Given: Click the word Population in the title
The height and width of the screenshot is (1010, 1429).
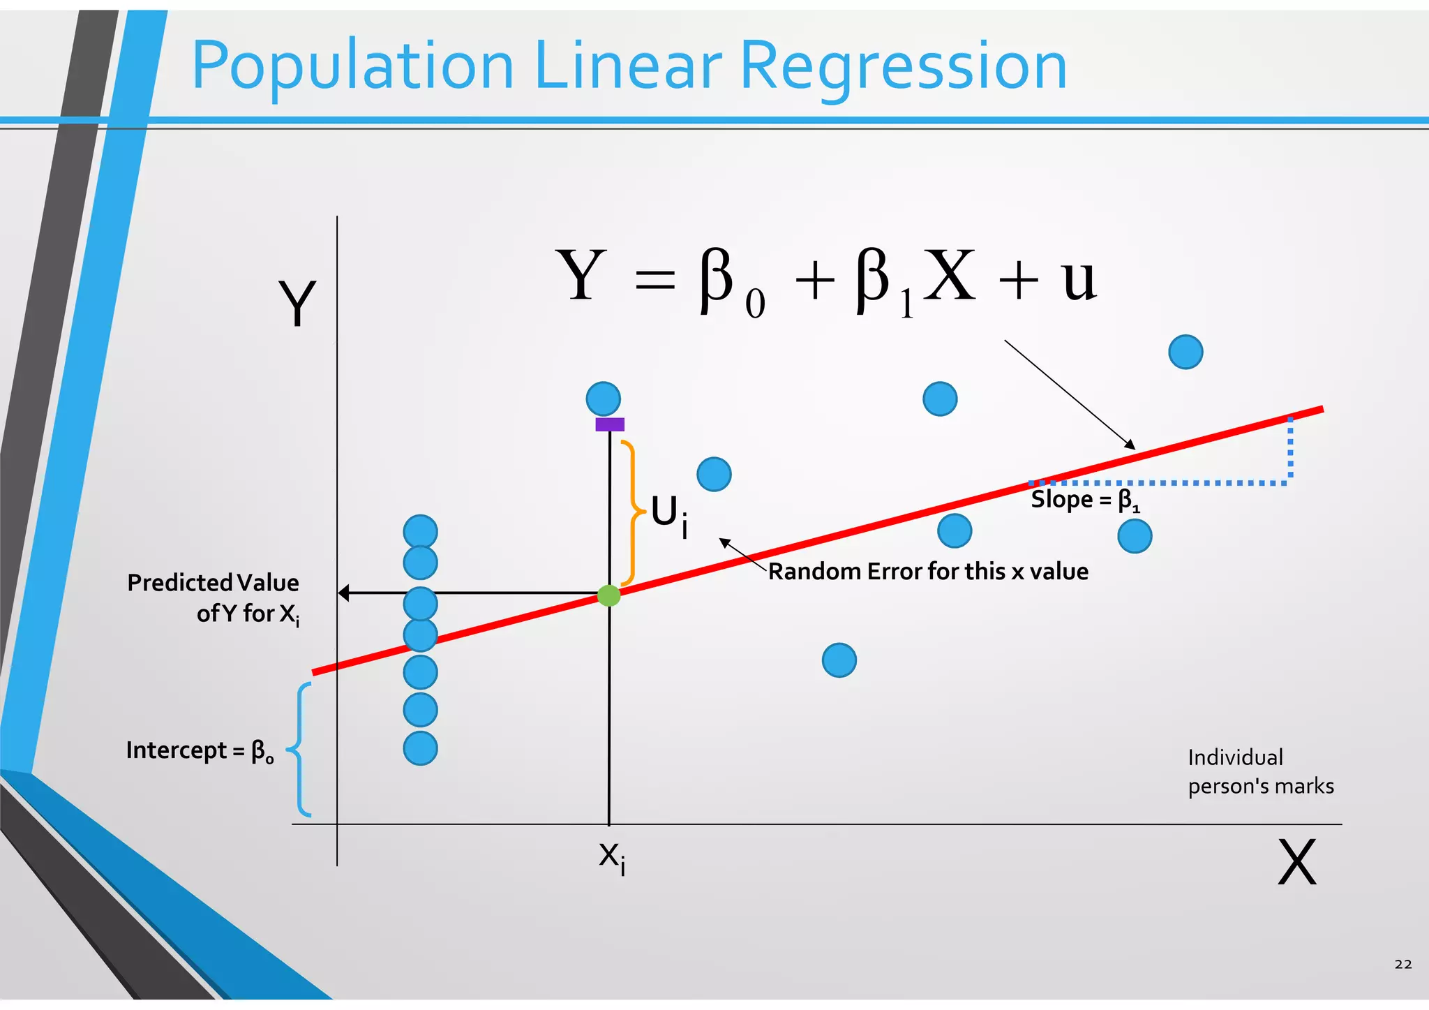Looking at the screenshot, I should (352, 67).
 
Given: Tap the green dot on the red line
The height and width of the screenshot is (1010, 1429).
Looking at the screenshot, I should (609, 595).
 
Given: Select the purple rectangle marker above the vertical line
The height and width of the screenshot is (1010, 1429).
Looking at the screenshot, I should (610, 424).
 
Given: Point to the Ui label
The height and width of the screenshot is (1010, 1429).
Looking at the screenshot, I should (669, 515).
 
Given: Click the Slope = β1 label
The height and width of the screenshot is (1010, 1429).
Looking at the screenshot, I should (1085, 500).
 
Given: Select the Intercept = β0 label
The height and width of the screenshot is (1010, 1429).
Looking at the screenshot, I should (200, 751).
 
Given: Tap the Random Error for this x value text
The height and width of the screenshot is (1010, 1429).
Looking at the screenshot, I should (928, 572).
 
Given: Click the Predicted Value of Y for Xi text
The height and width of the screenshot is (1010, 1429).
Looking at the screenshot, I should (214, 598).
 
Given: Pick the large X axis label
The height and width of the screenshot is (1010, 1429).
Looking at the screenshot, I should (1296, 863).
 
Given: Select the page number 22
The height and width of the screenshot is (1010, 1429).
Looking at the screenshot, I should (1402, 964).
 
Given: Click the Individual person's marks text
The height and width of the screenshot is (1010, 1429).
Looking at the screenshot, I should (1260, 772).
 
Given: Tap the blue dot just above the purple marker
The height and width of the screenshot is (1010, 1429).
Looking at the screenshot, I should (604, 399).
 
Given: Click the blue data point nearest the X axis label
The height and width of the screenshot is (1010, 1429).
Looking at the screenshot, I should (1135, 536).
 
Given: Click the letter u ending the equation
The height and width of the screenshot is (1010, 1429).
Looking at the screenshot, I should (1079, 279).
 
